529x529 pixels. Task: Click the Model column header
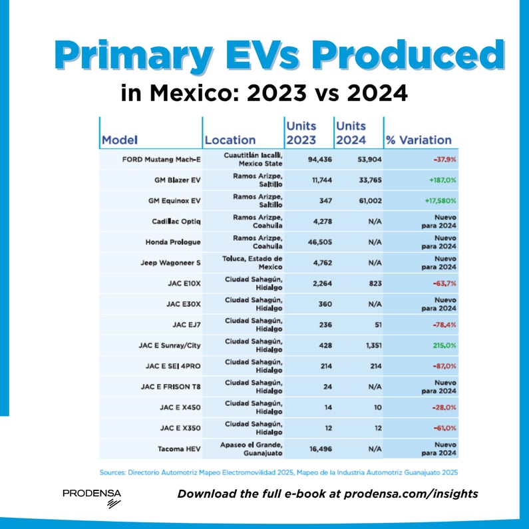coord(120,140)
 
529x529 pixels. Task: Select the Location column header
coord(230,140)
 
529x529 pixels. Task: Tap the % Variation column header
coord(419,140)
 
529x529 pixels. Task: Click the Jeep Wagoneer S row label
coord(166,264)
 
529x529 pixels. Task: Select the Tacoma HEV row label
coord(172,450)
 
